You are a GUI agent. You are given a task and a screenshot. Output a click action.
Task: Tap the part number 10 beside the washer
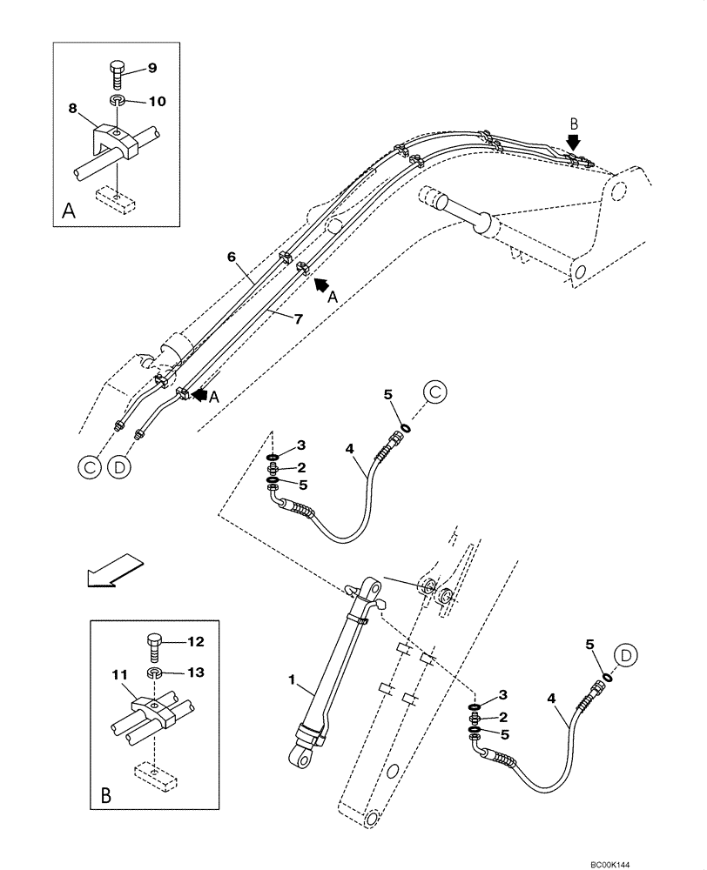[156, 101]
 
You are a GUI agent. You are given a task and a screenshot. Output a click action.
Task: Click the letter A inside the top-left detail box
[69, 210]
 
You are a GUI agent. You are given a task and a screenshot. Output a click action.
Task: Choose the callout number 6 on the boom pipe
[232, 257]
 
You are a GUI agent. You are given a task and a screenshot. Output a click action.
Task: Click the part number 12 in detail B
[196, 643]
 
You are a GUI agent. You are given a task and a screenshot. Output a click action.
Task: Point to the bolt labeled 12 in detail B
[154, 646]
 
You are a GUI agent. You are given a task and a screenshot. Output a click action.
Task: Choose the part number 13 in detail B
[196, 672]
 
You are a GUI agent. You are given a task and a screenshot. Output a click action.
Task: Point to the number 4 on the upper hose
[349, 449]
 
